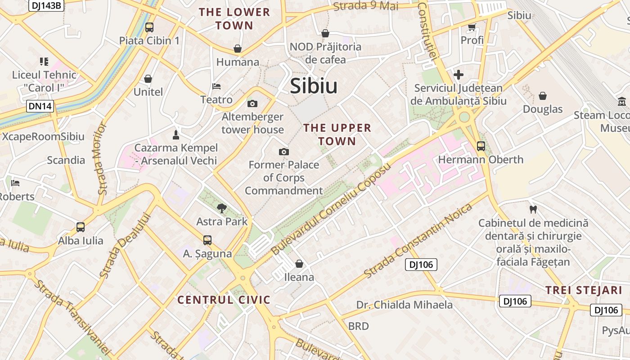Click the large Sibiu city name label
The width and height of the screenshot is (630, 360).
pos(314,86)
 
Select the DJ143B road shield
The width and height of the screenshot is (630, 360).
pos(46,5)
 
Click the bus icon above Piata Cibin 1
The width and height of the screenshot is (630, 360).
pos(149,27)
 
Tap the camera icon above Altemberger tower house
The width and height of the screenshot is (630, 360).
pos(252,104)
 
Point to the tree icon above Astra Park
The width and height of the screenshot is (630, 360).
pos(221,208)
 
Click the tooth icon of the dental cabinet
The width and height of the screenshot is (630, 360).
pos(533,209)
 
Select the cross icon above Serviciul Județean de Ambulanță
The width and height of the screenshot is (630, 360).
pos(459,75)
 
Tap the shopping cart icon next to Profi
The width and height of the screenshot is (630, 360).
pos(472,27)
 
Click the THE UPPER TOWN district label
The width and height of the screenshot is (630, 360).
pos(337,135)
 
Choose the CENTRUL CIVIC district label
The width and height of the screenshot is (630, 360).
pos(224,300)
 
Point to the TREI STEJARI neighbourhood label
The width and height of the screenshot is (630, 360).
pos(584,290)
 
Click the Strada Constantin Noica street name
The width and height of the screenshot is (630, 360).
pos(418,241)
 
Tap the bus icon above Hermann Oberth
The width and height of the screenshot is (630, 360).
pos(481,146)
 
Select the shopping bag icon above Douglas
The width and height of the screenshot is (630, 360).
pos(543,96)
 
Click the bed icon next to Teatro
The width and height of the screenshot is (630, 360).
pos(216,86)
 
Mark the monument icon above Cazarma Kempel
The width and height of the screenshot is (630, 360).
pos(176,135)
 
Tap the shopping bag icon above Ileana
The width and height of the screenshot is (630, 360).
pos(299,264)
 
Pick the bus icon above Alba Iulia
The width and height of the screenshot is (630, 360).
pos(81,227)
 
